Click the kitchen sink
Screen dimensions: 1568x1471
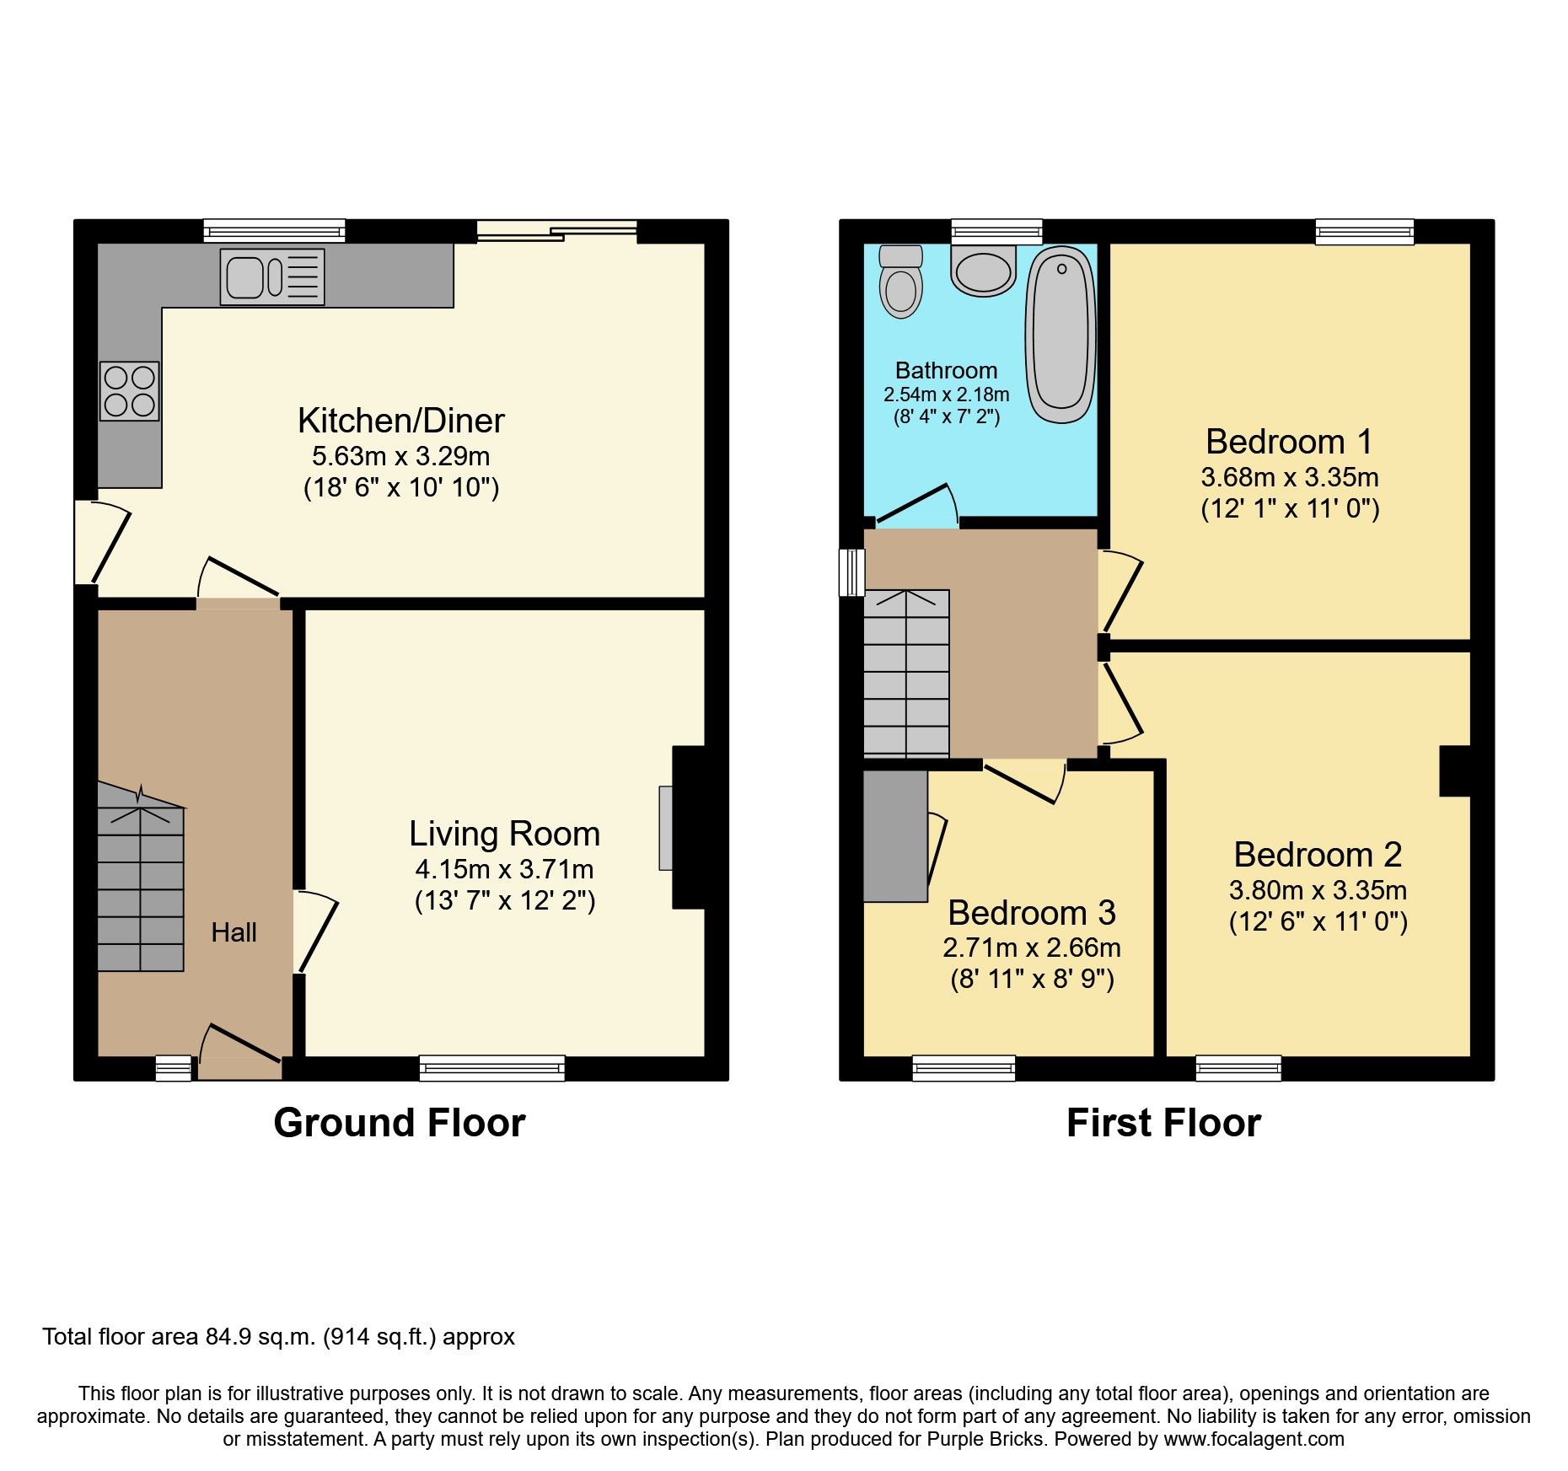[x=272, y=277]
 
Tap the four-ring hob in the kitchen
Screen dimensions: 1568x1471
[x=130, y=391]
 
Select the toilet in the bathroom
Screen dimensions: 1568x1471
[x=901, y=282]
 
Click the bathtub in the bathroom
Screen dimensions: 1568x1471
[x=1061, y=335]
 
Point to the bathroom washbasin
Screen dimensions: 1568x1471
[x=983, y=271]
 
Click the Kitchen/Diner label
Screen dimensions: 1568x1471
[x=401, y=421]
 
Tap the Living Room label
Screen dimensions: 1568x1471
[x=505, y=834]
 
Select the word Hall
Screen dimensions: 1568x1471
[x=234, y=932]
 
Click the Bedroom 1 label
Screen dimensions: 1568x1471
[x=1289, y=442]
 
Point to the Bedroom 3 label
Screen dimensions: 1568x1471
[x=1032, y=913]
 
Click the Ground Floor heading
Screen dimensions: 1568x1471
[x=400, y=1123]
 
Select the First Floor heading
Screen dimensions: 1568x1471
[x=1163, y=1123]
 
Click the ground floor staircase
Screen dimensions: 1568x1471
[x=140, y=877]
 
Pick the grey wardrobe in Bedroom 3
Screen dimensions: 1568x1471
[x=895, y=836]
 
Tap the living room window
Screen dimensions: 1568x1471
[x=492, y=1068]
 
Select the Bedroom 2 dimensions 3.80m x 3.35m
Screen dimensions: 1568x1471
[x=1318, y=890]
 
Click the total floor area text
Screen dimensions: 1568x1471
[x=278, y=1337]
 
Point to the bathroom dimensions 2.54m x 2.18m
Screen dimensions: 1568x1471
[x=946, y=395]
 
